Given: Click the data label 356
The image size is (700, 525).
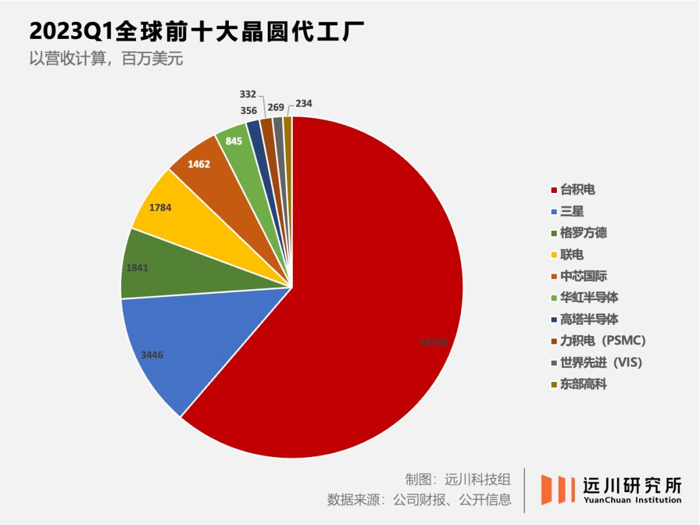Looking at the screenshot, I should (248, 111).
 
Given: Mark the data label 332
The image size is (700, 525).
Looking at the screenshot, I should (248, 95).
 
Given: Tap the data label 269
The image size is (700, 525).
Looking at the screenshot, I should (276, 107).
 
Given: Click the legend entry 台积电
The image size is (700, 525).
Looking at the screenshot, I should (577, 190).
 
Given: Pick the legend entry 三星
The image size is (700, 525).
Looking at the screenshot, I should (572, 211).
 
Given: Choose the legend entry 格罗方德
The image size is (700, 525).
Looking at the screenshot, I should (583, 233).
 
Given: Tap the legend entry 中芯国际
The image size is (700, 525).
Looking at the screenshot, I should (583, 276).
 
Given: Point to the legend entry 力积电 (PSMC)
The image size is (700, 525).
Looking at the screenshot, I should (602, 341).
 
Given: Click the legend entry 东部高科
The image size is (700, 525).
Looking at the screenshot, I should (583, 384).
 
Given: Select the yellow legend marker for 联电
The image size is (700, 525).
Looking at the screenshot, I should (554, 255).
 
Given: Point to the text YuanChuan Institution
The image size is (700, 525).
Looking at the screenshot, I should (633, 500).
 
